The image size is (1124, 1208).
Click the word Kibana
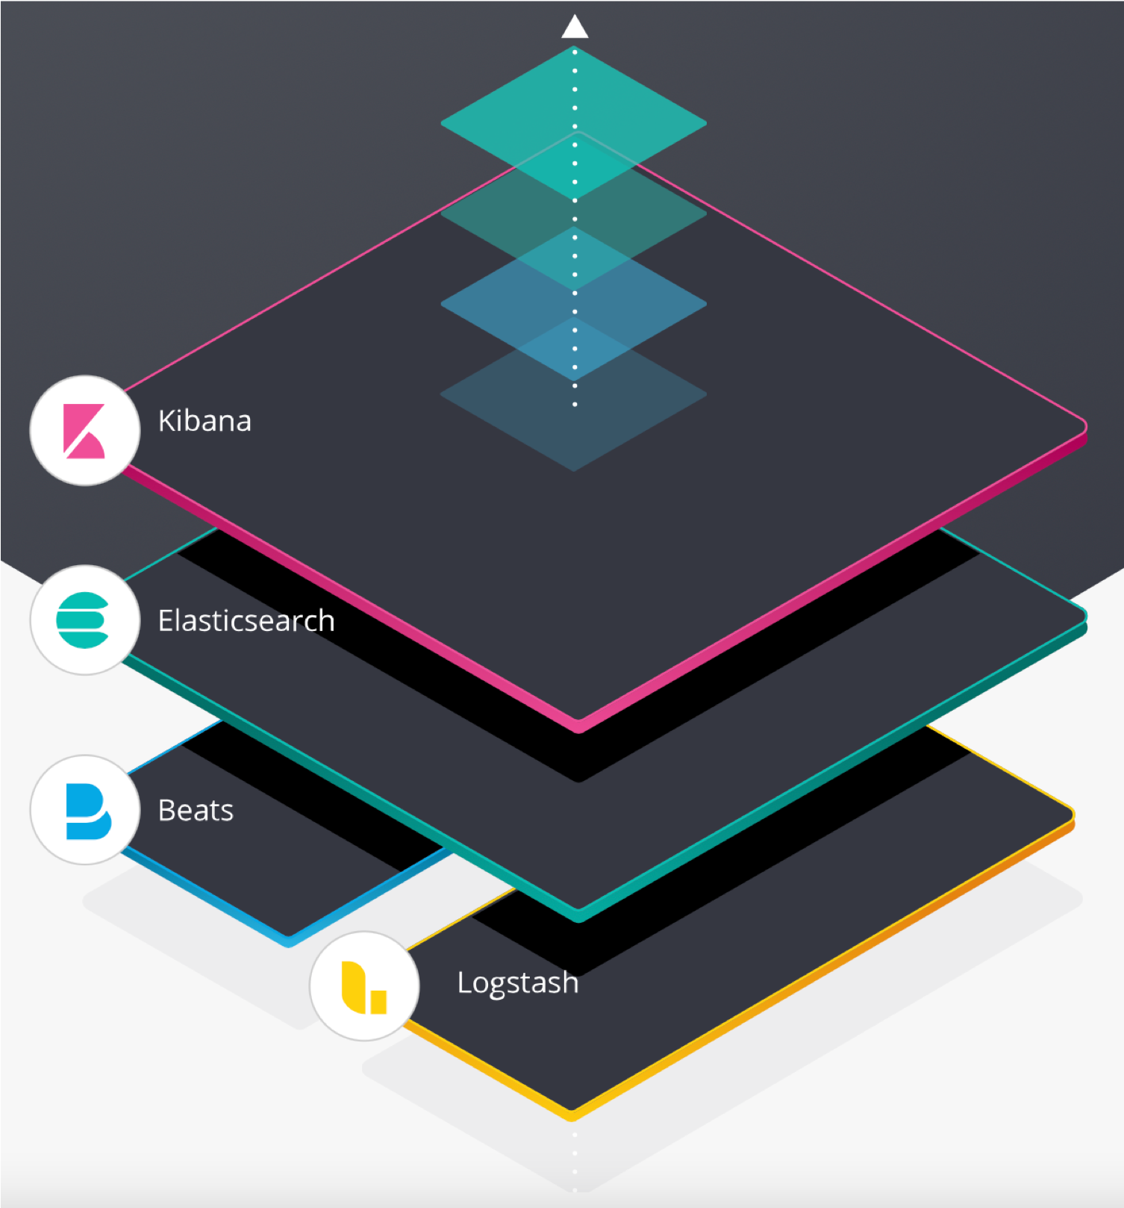click(204, 421)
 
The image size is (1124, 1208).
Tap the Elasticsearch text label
click(246, 620)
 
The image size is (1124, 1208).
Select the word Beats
click(196, 810)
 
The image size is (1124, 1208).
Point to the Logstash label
click(518, 983)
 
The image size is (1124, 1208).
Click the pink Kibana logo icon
click(84, 431)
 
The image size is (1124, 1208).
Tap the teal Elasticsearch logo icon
click(83, 620)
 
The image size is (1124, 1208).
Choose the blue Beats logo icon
click(88, 812)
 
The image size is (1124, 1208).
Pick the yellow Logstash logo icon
click(364, 987)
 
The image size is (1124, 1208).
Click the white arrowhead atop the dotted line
click(575, 27)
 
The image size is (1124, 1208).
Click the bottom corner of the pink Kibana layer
click(578, 730)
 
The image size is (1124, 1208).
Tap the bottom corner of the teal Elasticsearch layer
click(578, 919)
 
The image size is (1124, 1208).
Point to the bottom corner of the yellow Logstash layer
click(572, 1118)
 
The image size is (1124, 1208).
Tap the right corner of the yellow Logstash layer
click(1072, 815)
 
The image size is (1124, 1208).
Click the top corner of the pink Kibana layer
click(578, 133)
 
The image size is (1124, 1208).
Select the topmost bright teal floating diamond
click(574, 123)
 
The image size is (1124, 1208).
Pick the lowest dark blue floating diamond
click(574, 394)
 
